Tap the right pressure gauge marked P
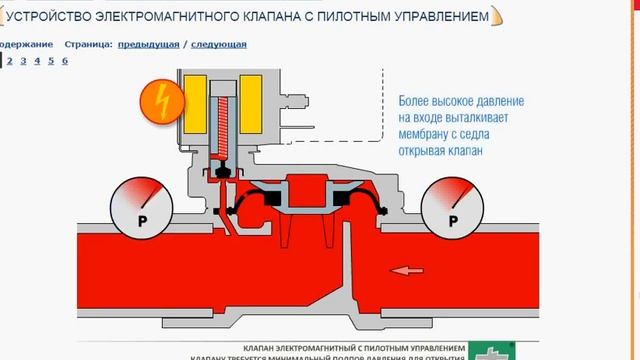coord(453,206)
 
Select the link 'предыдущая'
coord(148,45)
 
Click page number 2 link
coord(9,61)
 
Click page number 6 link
coord(64,61)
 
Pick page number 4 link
coord(37,61)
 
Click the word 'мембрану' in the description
coord(426,137)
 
